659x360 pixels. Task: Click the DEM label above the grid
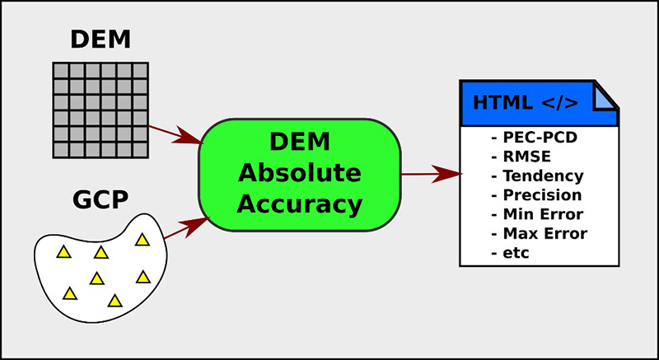(x=99, y=39)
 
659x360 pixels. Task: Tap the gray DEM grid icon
(x=99, y=110)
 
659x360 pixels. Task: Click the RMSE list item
(x=520, y=156)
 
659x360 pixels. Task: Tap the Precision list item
(x=535, y=195)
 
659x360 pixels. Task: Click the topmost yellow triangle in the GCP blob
(x=142, y=240)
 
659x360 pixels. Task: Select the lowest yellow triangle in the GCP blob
(x=115, y=302)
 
